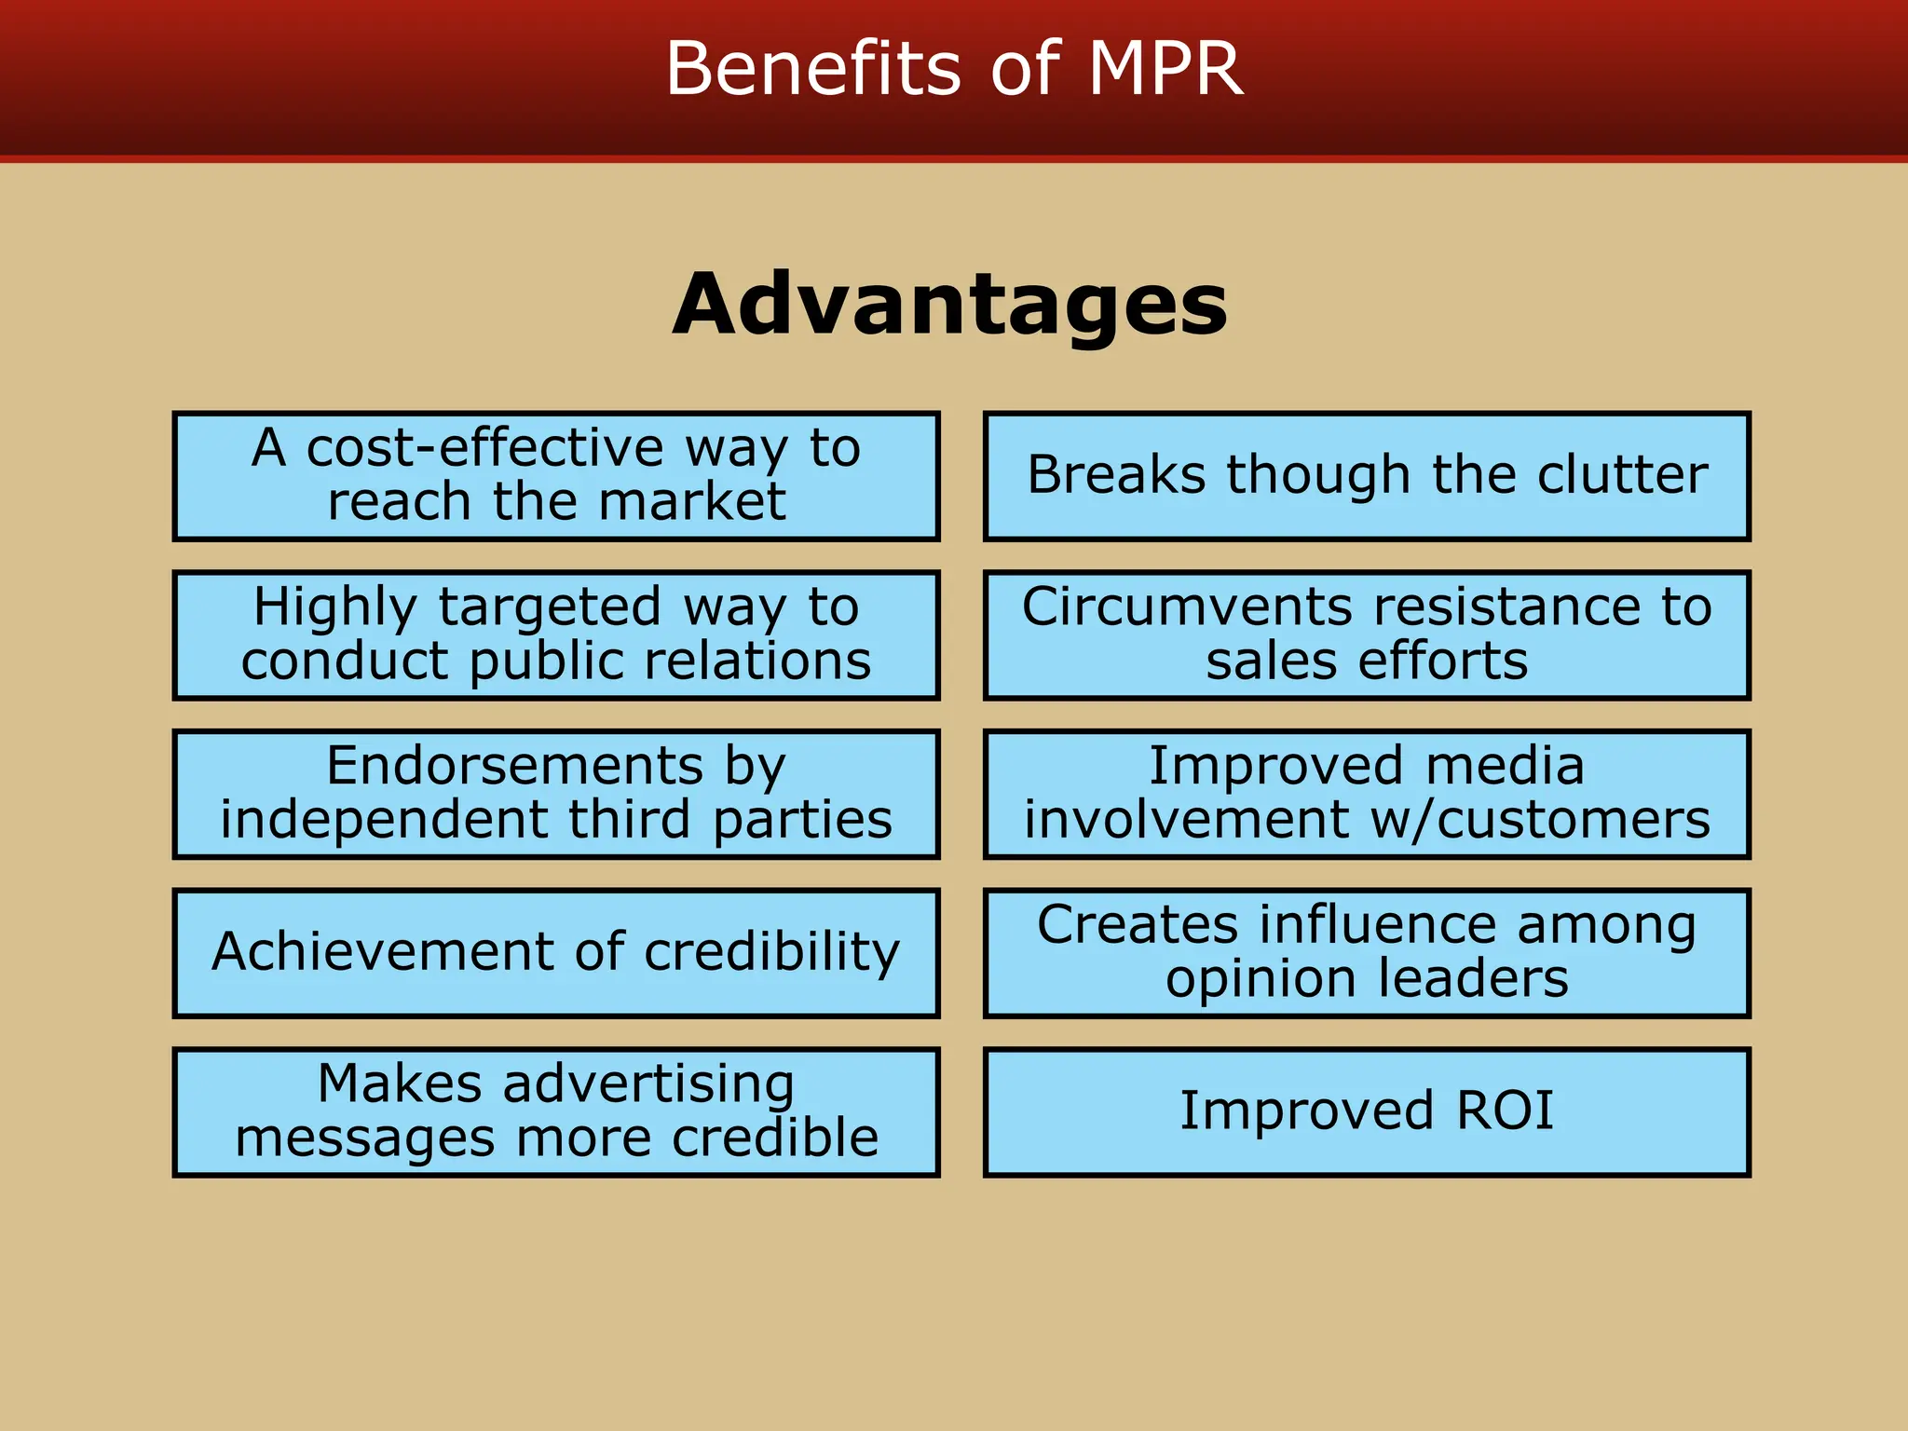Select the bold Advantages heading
[x=950, y=305]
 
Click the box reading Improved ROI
[x=1367, y=1111]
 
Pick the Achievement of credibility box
[x=556, y=952]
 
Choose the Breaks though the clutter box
[x=1367, y=475]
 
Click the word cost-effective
[x=484, y=448]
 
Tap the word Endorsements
[x=514, y=766]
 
